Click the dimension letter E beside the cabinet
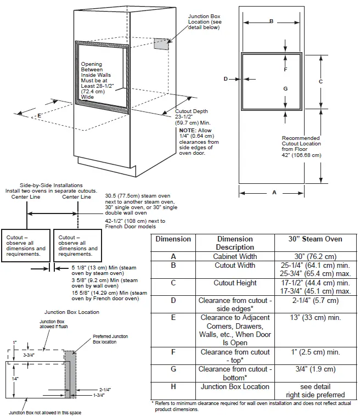click(39, 116)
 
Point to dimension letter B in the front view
click(271, 21)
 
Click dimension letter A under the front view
click(274, 193)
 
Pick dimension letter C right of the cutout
click(320, 81)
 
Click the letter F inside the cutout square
click(285, 70)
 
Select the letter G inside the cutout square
click(285, 88)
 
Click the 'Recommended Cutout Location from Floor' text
click(301, 147)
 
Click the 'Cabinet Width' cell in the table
click(235, 256)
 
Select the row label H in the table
click(173, 386)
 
